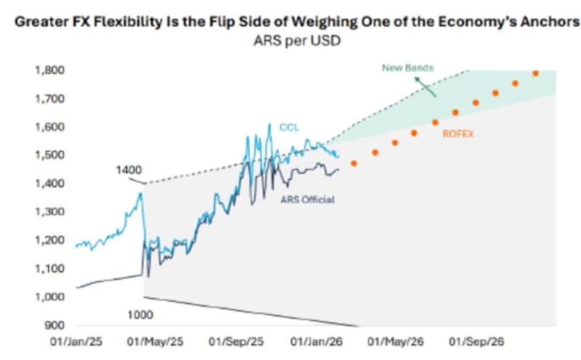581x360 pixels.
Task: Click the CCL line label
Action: click(x=288, y=128)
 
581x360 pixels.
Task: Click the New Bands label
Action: click(x=407, y=67)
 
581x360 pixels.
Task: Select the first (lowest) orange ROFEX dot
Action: click(x=354, y=163)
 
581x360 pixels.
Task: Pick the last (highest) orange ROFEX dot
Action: click(x=536, y=73)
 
